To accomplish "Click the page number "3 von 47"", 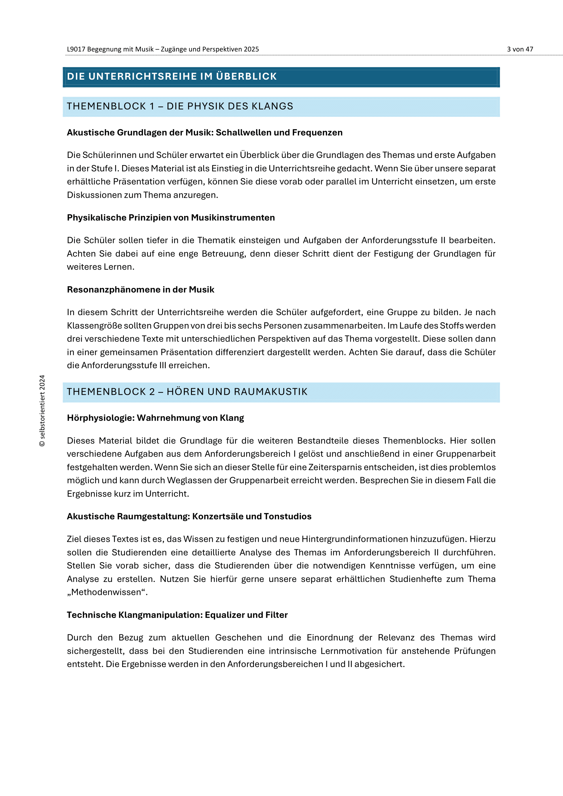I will [520, 49].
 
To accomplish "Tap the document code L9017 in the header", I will [76, 49].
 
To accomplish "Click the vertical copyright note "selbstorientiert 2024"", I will [42, 410].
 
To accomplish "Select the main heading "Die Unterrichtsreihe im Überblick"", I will [172, 77].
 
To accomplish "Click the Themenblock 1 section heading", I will [180, 107].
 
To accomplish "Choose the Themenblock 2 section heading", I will [187, 392].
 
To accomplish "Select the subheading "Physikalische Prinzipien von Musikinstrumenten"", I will [171, 218].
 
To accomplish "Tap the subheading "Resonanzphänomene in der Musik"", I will [140, 290].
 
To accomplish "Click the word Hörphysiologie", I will [99, 418].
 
